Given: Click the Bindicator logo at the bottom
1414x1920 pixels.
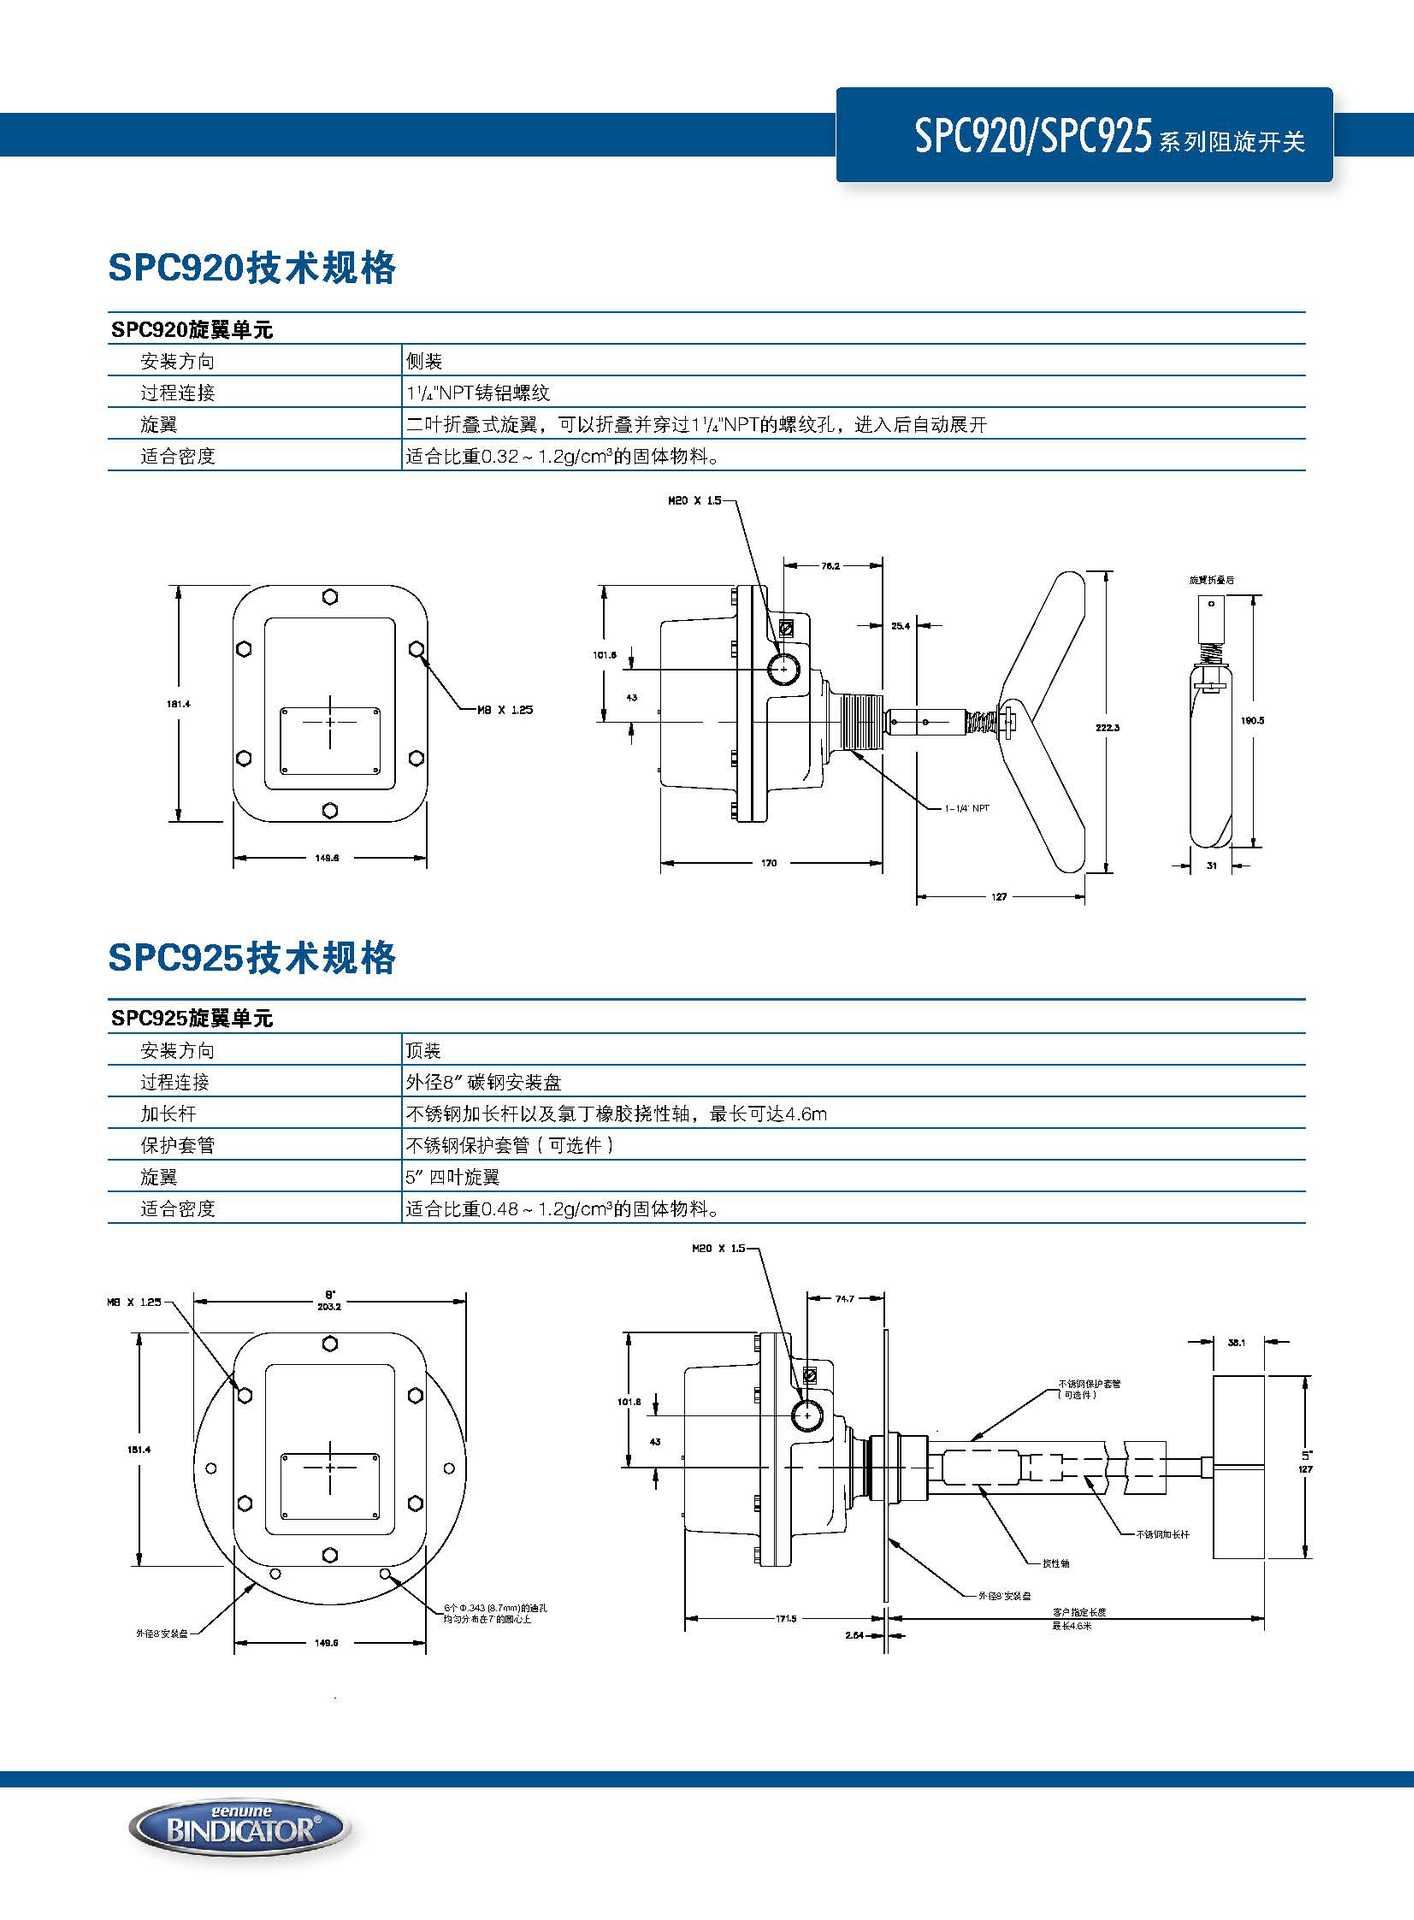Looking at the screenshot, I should pos(240,1829).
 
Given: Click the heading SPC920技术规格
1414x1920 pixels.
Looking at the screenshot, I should pos(252,268).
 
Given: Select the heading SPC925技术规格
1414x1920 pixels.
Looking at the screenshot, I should pos(252,958).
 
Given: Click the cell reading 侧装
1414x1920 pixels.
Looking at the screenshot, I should pos(424,361).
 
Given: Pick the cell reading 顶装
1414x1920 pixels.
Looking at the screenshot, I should pos(424,1050).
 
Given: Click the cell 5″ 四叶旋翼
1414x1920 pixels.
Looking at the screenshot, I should pos(453,1177).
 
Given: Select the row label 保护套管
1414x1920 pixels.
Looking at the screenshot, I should pos(177,1145).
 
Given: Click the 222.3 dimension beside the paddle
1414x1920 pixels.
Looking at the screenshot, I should pos(1107,727).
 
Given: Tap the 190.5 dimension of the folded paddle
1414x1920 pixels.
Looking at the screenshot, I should pos(1252,720).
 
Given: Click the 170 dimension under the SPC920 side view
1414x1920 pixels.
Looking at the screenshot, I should pos(769,862).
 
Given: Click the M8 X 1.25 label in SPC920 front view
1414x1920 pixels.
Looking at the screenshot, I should pos(505,710).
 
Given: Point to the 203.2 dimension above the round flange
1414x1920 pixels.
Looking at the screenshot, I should pos(329,1306).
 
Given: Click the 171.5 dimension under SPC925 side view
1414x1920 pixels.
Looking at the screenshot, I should pos(786,1618).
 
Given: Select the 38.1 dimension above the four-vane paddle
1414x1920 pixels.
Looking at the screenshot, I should pos(1236,1342).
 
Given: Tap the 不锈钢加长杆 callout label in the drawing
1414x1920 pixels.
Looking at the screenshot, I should pos(1162,1534).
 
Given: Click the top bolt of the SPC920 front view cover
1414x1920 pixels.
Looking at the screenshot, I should pos(330,597).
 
